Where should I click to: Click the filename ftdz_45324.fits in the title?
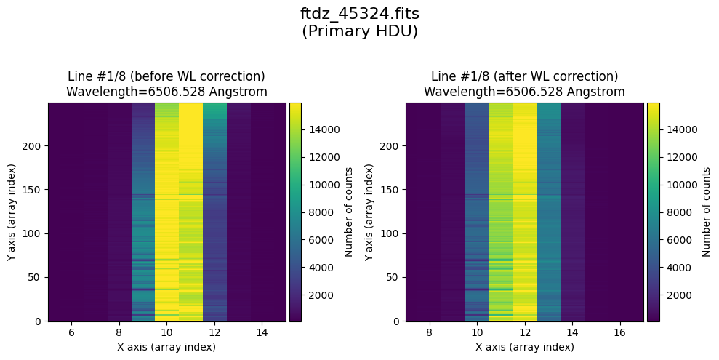click(x=359, y=14)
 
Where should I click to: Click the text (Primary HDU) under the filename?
click(x=359, y=31)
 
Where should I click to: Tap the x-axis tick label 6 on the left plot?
click(x=71, y=332)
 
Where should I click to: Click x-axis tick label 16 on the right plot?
click(x=620, y=332)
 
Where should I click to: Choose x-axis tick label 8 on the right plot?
click(x=429, y=332)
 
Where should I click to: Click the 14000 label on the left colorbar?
click(x=320, y=129)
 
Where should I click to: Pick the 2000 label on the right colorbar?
click(x=675, y=295)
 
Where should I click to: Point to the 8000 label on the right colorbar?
click(x=675, y=212)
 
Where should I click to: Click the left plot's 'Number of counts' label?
click(x=349, y=212)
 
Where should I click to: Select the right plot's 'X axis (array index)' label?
click(x=525, y=347)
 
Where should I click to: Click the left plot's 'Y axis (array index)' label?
click(x=11, y=212)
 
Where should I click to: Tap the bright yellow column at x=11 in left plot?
click(x=190, y=211)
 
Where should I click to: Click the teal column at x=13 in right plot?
click(x=548, y=211)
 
